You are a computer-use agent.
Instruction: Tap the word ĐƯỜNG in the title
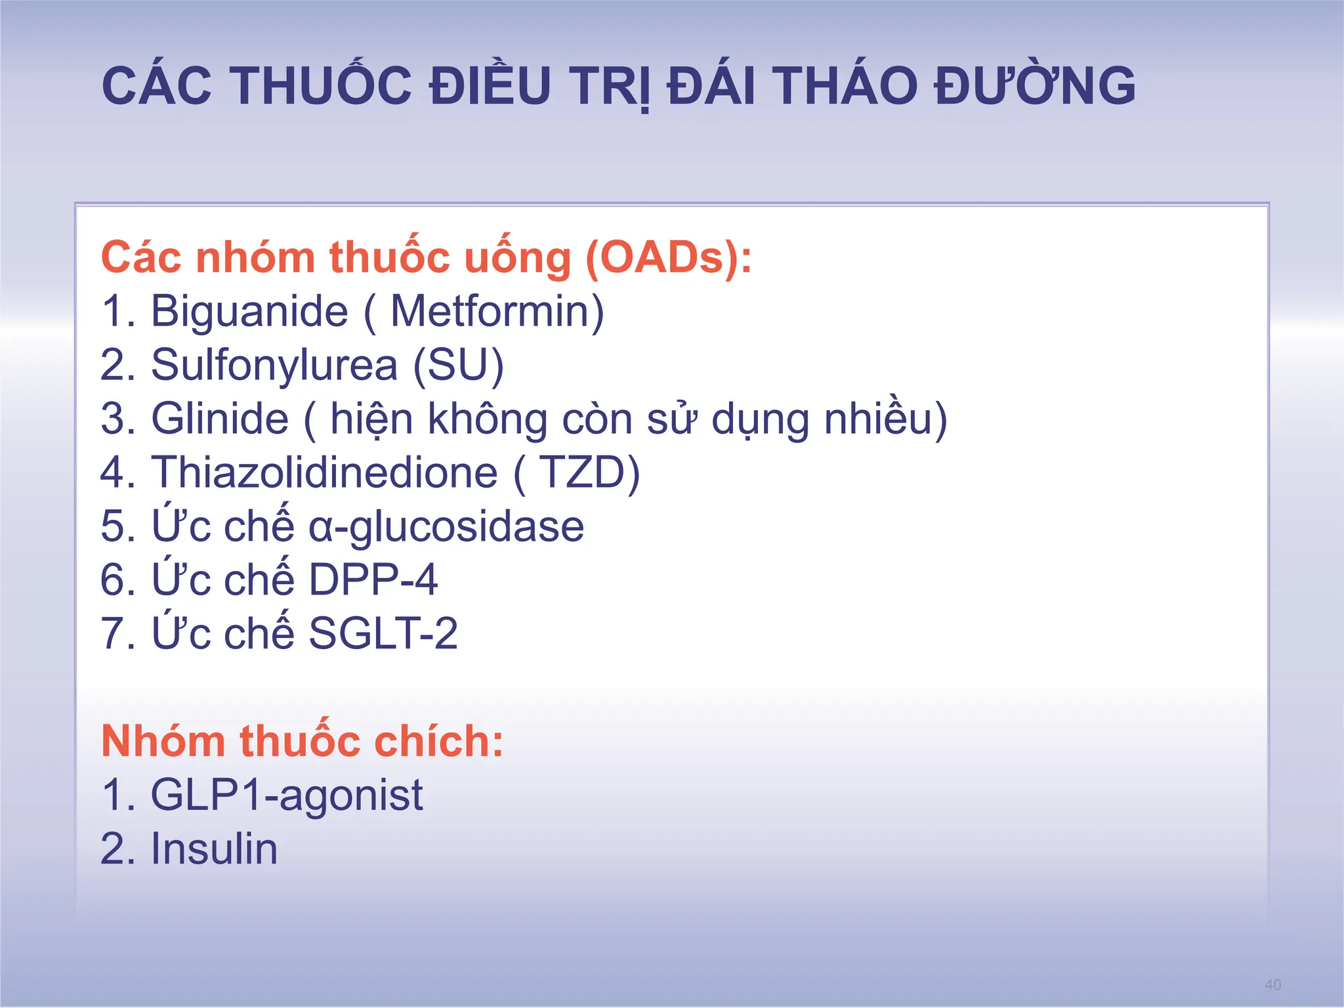[1035, 86]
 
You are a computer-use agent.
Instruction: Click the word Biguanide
[249, 311]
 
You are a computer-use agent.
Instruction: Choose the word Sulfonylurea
[274, 365]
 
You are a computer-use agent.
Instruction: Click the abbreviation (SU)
[459, 365]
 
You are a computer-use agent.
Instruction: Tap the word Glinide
[220, 419]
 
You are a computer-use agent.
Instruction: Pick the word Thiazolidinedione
[325, 472]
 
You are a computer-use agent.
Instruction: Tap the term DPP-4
[373, 580]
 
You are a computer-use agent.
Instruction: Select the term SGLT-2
[383, 634]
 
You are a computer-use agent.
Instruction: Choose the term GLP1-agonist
[287, 795]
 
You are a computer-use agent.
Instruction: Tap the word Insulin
[215, 849]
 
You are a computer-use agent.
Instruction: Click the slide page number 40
[1272, 984]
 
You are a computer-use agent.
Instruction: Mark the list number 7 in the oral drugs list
[113, 634]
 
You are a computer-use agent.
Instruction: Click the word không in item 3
[488, 419]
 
